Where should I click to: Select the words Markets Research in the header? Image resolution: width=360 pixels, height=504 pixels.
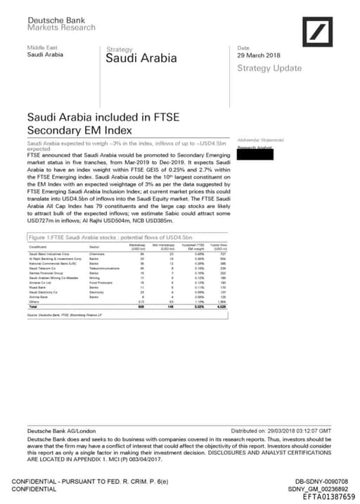pyautogui.click(x=61, y=28)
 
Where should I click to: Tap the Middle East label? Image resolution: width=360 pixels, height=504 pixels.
pyautogui.click(x=41, y=46)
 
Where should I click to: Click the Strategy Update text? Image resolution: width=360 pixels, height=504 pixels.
pyautogui.click(x=269, y=68)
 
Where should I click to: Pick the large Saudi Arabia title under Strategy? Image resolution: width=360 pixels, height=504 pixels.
pyautogui.click(x=141, y=58)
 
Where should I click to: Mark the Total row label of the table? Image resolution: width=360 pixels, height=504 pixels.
pyautogui.click(x=32, y=307)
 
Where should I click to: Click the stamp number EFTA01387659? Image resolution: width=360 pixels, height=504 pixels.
pyautogui.click(x=329, y=496)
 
